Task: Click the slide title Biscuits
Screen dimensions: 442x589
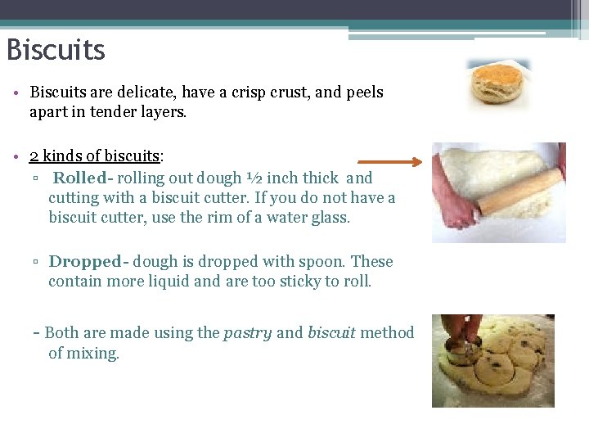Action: [56, 50]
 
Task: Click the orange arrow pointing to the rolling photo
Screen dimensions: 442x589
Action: [389, 162]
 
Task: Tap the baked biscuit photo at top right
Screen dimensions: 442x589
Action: [498, 84]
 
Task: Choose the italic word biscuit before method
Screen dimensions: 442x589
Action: [331, 332]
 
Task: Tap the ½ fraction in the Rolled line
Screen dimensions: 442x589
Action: [254, 178]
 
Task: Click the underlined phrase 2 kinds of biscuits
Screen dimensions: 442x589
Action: [94, 156]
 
